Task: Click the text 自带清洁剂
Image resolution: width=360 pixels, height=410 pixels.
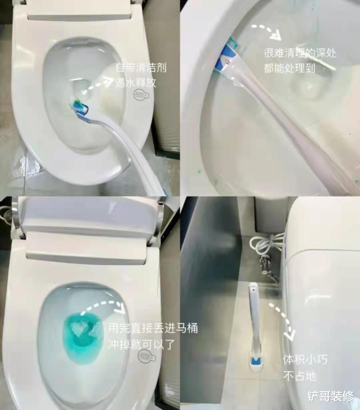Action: point(141,68)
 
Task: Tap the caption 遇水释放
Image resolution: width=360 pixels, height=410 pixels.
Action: point(136,82)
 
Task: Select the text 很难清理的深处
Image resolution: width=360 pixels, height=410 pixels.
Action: point(300,53)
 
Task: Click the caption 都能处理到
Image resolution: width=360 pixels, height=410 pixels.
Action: point(289,68)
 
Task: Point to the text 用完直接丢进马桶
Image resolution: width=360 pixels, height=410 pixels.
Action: point(153,328)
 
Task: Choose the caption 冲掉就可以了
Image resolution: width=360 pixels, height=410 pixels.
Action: point(141,344)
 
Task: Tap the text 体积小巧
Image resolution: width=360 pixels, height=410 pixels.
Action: point(305,360)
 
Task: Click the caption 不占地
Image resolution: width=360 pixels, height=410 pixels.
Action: point(299,376)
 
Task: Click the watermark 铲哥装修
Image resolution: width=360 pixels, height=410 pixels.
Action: point(330,396)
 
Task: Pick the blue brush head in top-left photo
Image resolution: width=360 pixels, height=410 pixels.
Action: point(80,107)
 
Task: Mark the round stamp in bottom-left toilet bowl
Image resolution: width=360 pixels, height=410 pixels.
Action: point(147,355)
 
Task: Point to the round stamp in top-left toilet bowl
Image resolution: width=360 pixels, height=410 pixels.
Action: point(141,94)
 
